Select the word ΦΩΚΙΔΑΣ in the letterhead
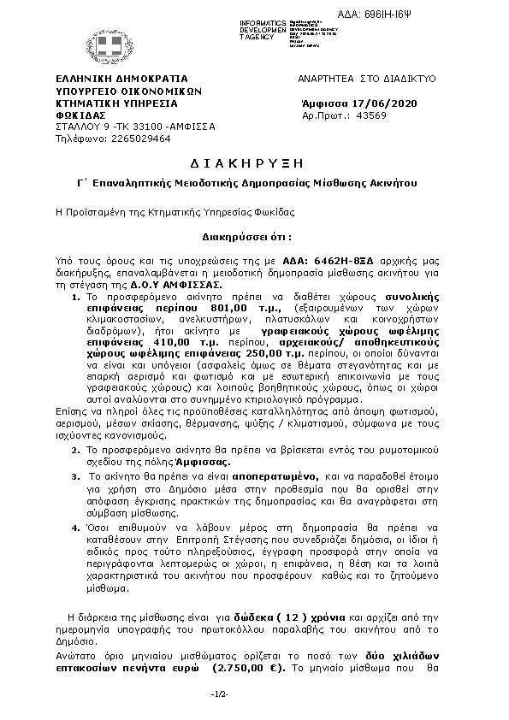pos(80,115)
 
